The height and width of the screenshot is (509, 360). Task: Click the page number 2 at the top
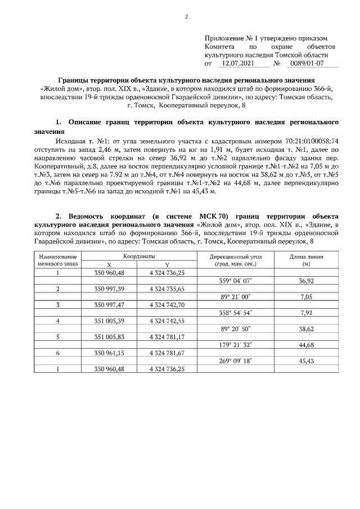(186, 16)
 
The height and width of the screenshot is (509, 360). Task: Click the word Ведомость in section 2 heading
(89, 217)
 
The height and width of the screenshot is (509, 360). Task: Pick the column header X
(110, 264)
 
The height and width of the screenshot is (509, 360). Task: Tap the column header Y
(167, 264)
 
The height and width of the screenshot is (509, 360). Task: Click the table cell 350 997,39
(110, 289)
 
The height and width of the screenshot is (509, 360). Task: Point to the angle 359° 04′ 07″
(236, 280)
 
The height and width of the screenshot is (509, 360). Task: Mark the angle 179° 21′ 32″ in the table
(236, 345)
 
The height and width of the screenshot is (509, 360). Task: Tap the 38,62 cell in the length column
(306, 328)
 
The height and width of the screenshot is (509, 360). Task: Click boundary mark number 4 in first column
(58, 321)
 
